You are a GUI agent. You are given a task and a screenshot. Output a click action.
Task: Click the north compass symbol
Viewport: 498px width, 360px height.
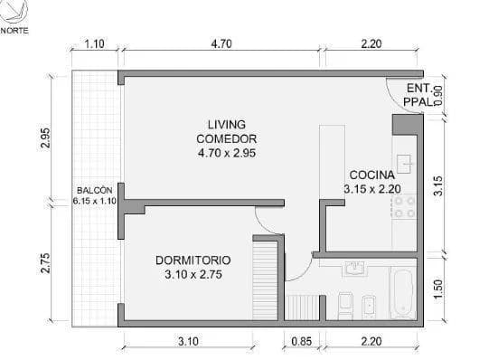pyautogui.click(x=14, y=12)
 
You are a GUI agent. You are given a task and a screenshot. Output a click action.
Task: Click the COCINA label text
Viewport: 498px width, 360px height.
pyautogui.click(x=371, y=181)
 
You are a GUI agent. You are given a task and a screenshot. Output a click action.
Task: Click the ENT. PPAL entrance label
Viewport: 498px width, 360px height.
pyautogui.click(x=418, y=96)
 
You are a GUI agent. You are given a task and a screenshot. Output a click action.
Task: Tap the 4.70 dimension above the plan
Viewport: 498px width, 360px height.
pyautogui.click(x=221, y=43)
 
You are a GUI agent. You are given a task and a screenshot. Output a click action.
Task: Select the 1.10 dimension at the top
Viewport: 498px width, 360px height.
pyautogui.click(x=94, y=43)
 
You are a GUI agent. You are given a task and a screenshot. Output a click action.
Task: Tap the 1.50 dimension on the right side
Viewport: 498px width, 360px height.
pyautogui.click(x=438, y=287)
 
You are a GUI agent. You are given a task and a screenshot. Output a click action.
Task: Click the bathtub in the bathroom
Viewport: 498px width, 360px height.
pyautogui.click(x=401, y=292)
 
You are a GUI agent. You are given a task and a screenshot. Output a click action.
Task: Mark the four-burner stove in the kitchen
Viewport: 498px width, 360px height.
pyautogui.click(x=403, y=208)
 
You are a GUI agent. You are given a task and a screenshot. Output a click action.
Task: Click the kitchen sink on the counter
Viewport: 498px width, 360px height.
pyautogui.click(x=404, y=164)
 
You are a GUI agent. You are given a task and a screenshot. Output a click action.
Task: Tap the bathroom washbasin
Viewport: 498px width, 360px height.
pyautogui.click(x=354, y=269)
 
